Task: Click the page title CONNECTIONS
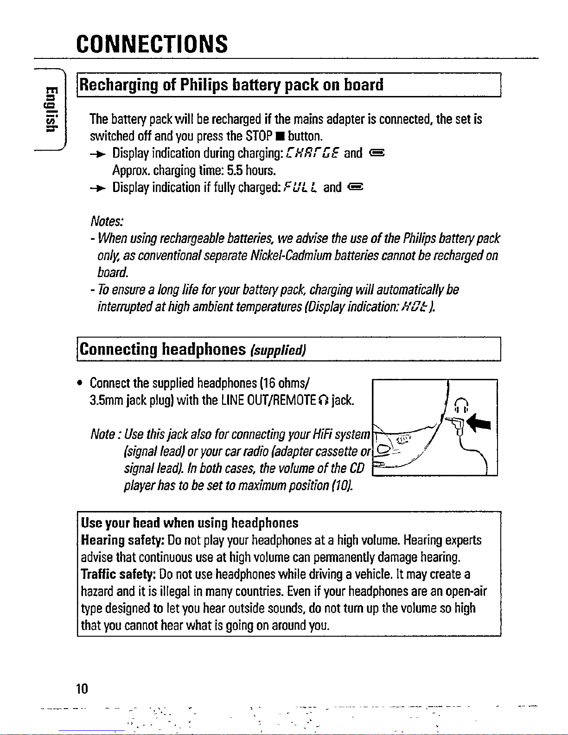[152, 44]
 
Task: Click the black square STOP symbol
[281, 136]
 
